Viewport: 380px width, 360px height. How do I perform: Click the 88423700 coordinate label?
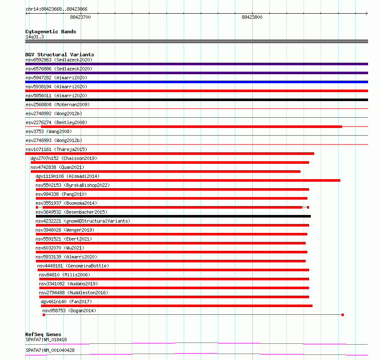[x=80, y=17]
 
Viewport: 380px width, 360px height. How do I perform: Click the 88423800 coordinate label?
[x=252, y=17]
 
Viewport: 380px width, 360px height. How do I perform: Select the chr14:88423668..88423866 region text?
[x=57, y=9]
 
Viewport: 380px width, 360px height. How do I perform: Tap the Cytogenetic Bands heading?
[x=50, y=32]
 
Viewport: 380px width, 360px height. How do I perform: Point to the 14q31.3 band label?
[x=35, y=37]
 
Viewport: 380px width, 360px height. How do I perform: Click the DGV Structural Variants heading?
[x=59, y=55]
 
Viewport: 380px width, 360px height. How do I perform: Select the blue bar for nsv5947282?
[x=196, y=82]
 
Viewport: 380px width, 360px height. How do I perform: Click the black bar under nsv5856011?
[x=196, y=100]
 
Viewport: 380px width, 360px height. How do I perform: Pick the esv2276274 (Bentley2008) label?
[x=56, y=122]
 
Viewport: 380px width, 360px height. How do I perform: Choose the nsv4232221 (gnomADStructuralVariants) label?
[x=83, y=221]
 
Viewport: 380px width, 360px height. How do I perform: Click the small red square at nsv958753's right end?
[x=342, y=315]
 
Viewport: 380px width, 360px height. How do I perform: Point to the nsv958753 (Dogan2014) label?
[x=69, y=311]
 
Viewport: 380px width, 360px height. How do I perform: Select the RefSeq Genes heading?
[x=43, y=334]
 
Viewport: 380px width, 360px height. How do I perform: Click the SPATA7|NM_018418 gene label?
[x=46, y=340]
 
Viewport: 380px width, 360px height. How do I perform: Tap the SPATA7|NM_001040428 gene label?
[x=50, y=350]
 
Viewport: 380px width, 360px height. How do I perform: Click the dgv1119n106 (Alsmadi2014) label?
[x=67, y=176]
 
